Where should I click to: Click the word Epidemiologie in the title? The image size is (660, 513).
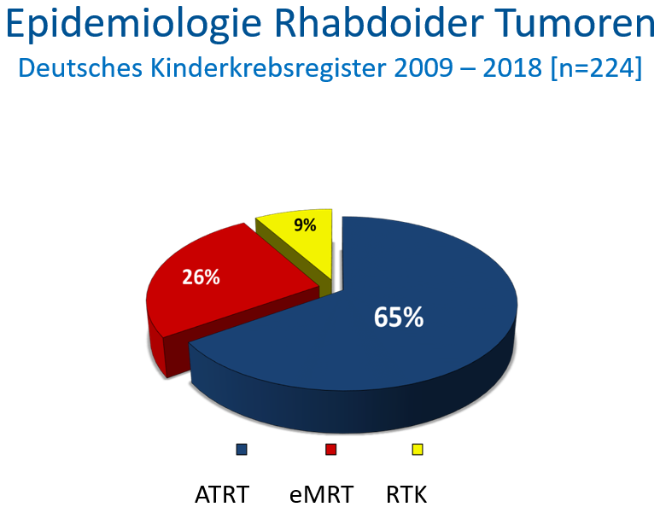pos(133,24)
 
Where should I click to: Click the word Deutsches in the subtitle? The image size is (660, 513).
pos(80,67)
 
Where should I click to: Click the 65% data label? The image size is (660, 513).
pos(399,317)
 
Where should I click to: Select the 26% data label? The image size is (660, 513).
pos(201,277)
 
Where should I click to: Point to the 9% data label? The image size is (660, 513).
pos(305,225)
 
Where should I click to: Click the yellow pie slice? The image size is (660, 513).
pos(304,244)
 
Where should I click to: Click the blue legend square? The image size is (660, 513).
pos(242,450)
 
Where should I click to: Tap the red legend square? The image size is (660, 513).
pos(330,450)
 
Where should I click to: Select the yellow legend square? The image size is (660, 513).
pos(418,450)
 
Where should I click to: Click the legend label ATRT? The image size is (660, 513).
pos(222,494)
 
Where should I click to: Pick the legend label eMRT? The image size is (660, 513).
pos(321,494)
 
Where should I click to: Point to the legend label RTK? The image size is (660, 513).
pos(406,494)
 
